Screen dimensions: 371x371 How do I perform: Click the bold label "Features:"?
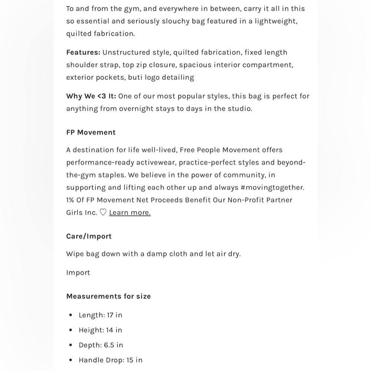tap(83, 52)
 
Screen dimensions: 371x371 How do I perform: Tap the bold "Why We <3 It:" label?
tap(91, 96)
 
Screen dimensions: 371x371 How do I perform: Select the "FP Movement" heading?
tap(91, 132)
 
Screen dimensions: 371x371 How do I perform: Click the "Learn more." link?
tap(130, 213)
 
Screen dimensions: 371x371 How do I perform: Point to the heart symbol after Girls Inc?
tap(103, 213)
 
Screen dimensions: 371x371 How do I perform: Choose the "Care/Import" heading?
tap(89, 236)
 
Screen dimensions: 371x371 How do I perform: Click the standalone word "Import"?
tap(78, 273)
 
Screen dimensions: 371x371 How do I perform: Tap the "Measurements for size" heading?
tap(108, 296)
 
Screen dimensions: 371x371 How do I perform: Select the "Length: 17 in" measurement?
tap(100, 315)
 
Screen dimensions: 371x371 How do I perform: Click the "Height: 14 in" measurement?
tap(100, 330)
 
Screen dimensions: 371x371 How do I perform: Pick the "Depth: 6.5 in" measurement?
tap(101, 345)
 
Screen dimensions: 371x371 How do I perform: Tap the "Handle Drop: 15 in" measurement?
tap(110, 360)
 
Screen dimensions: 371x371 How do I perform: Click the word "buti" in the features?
tap(136, 78)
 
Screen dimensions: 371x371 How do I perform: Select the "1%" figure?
tap(70, 200)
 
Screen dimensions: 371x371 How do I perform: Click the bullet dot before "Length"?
tap(71, 315)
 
